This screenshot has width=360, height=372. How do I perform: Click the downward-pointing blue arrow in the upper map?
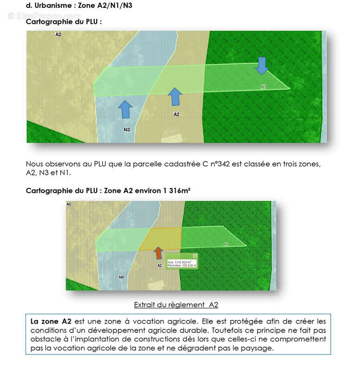(262, 66)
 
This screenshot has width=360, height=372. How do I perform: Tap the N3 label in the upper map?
(126, 129)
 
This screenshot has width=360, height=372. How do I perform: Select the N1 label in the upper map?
(263, 86)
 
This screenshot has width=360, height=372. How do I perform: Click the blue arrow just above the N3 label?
(125, 109)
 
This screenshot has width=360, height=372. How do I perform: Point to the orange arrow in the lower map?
(158, 252)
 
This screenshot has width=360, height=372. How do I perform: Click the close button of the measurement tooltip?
(195, 256)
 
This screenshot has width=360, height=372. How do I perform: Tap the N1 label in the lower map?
(226, 244)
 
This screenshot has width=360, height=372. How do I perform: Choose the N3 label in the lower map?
(121, 277)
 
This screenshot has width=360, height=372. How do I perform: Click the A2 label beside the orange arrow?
(159, 266)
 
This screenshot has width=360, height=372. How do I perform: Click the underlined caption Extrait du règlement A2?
(176, 305)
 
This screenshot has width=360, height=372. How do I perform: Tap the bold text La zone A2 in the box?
(51, 321)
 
